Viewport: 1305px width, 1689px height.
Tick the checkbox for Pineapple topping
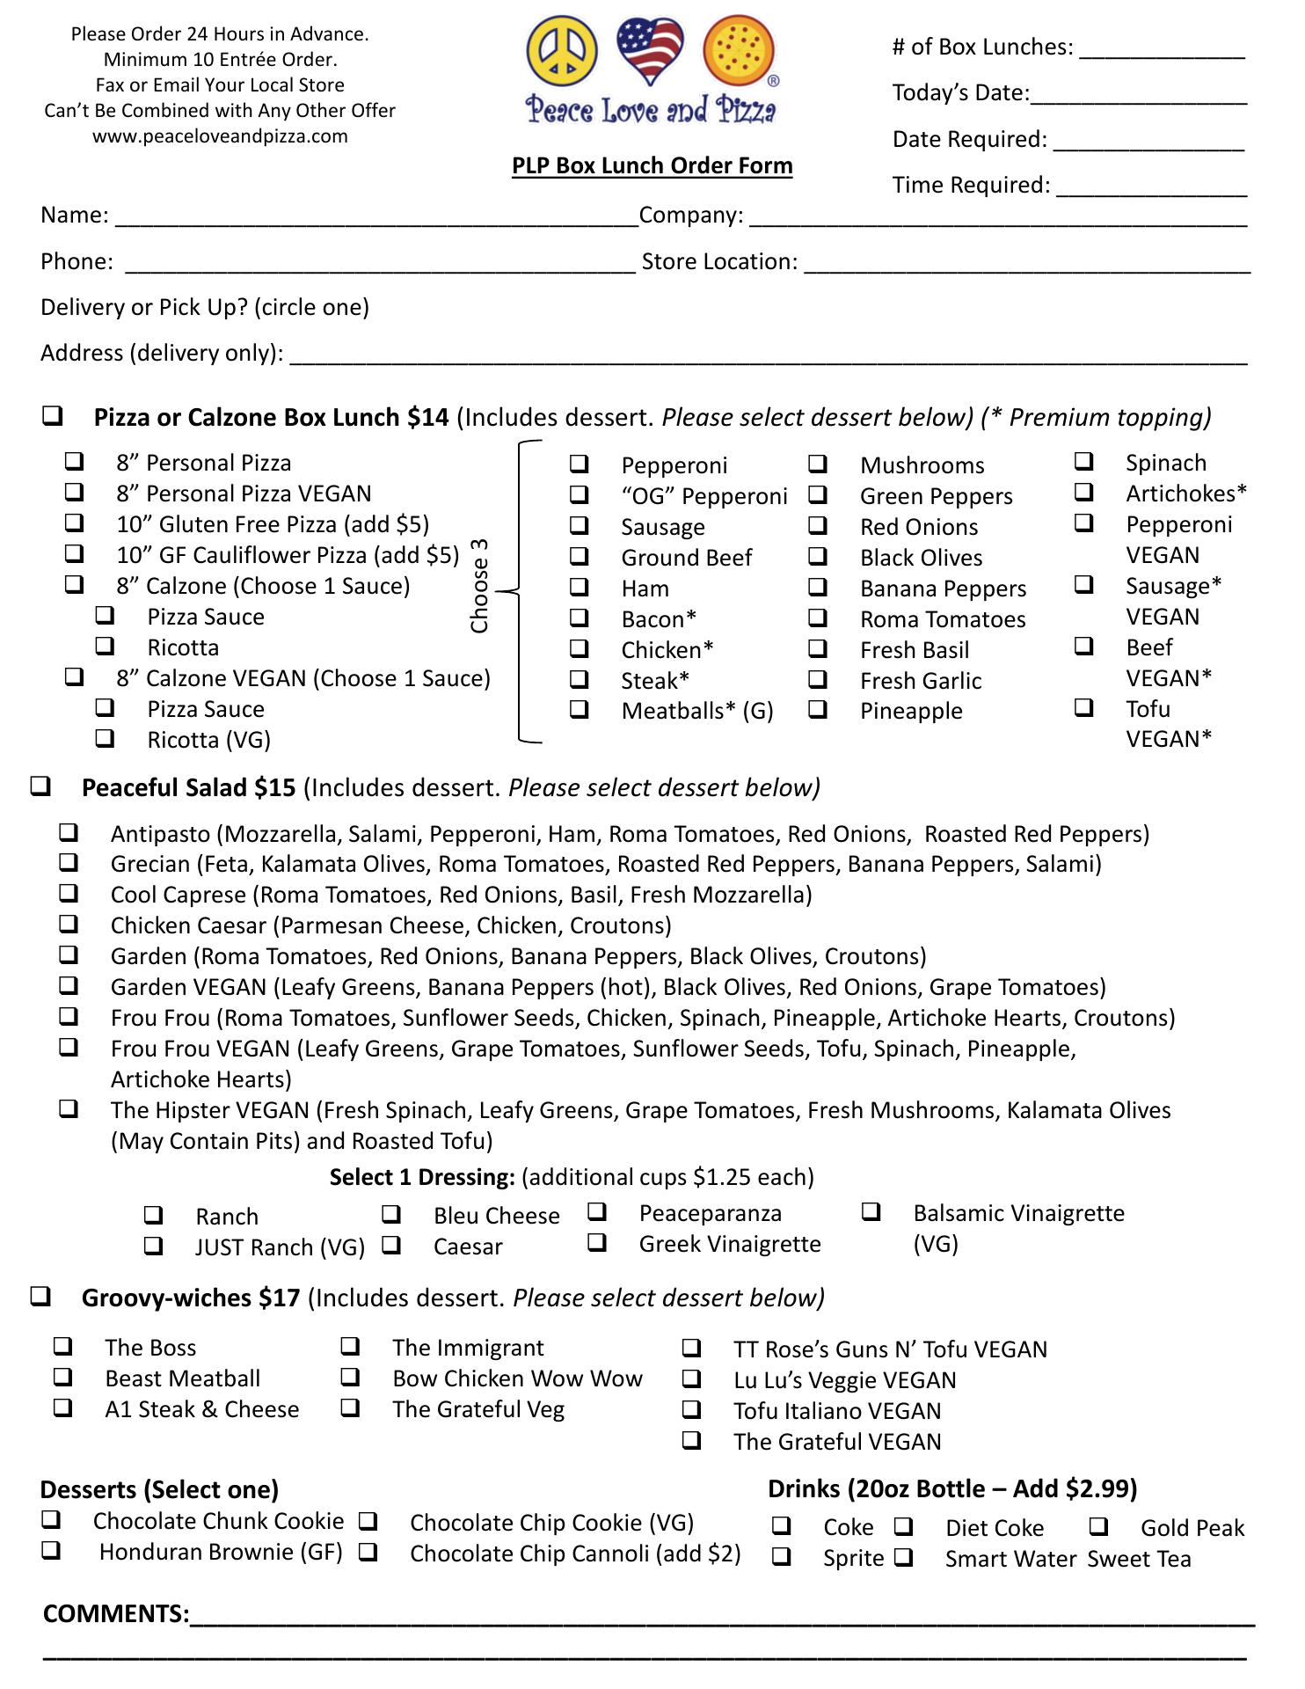click(x=818, y=709)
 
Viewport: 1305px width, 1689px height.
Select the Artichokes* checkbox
click(x=1084, y=492)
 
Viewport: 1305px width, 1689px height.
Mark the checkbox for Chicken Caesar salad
click(x=69, y=924)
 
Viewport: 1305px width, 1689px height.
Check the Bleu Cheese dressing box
click(x=391, y=1214)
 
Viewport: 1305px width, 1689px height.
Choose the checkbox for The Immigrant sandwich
click(x=350, y=1346)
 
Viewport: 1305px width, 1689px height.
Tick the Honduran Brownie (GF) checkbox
click(x=51, y=1550)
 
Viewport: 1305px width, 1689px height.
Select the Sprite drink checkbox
click(x=781, y=1556)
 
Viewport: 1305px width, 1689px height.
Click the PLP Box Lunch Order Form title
click(x=652, y=165)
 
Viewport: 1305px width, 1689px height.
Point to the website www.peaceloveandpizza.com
click(x=220, y=136)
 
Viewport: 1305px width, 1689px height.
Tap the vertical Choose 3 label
click(x=479, y=586)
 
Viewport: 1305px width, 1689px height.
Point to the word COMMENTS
click(x=115, y=1613)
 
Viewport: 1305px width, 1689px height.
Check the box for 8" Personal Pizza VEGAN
click(x=75, y=492)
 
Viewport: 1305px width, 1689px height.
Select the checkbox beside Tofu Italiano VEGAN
click(x=692, y=1409)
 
